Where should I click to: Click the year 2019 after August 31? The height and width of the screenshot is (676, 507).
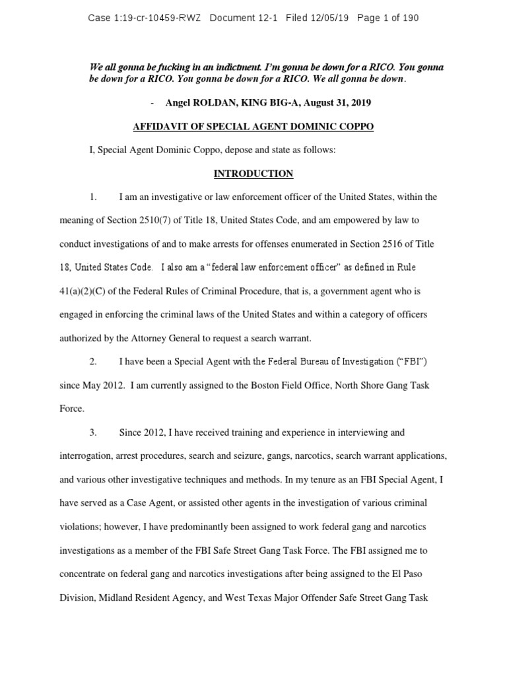(360, 102)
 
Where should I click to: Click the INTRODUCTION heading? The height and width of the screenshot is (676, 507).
(253, 174)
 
